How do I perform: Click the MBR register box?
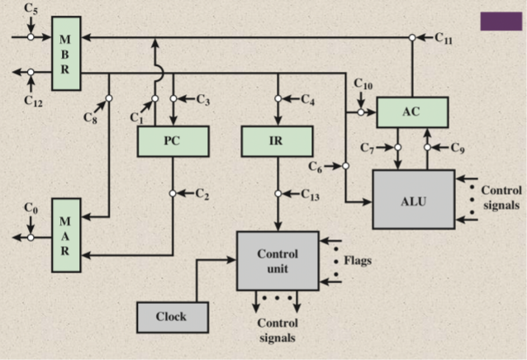66,54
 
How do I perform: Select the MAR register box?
66,234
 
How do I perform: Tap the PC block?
172,141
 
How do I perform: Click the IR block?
276,141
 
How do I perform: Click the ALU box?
412,199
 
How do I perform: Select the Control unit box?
277,260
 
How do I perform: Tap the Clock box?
171,316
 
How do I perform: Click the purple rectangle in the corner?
501,21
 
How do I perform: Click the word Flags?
358,261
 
